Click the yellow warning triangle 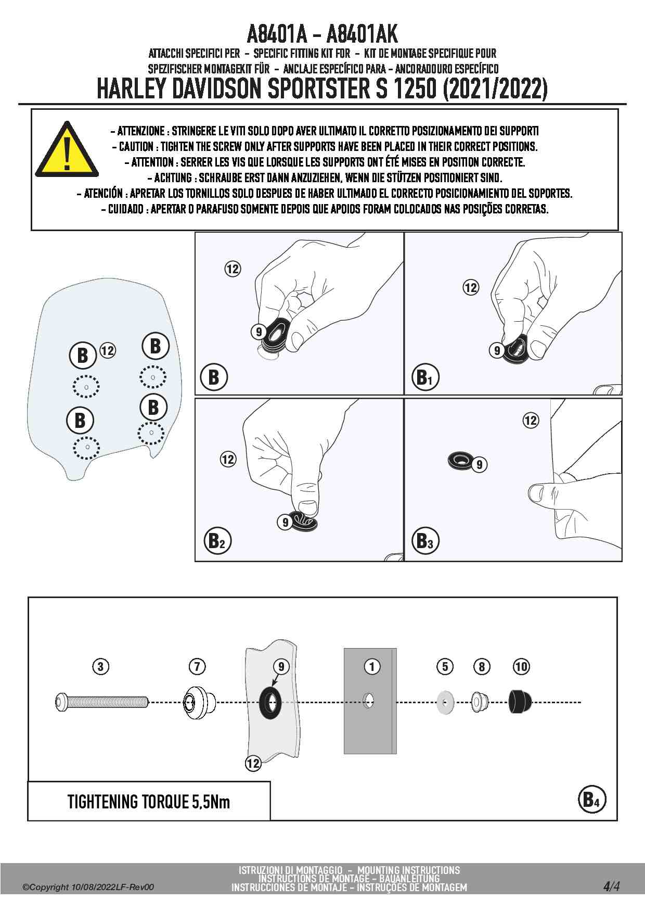67,151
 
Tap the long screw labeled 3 101,702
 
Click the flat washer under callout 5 445,703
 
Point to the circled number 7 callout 197,666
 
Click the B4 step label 591,799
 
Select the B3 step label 425,541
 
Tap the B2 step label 216,541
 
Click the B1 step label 425,377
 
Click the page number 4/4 611,886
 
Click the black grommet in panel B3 460,460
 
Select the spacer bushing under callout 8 479,702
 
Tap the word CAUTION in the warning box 136,146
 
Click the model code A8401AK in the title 362,34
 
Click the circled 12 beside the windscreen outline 107,350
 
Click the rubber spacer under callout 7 198,702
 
